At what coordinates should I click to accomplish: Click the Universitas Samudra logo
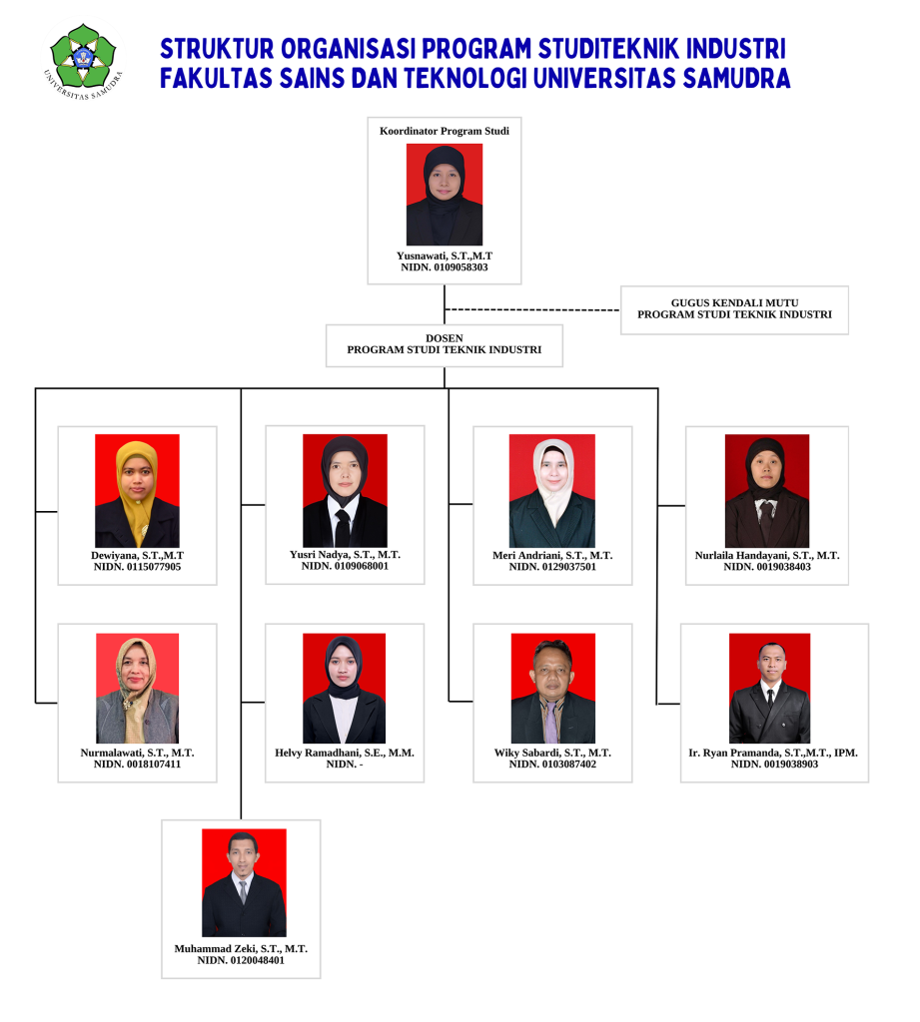(x=83, y=60)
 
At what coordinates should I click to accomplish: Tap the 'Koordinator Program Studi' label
(x=445, y=131)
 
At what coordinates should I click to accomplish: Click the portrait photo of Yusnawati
(x=445, y=195)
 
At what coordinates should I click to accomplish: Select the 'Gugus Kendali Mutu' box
(x=734, y=310)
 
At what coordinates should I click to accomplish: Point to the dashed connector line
(x=531, y=309)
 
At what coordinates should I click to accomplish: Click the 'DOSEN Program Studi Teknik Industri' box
(x=445, y=345)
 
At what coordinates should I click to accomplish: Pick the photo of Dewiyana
(x=137, y=491)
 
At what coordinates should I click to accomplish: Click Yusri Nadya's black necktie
(x=342, y=527)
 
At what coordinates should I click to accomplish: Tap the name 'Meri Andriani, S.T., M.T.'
(x=552, y=555)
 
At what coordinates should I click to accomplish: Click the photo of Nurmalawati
(x=137, y=689)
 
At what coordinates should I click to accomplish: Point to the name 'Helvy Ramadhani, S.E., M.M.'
(x=345, y=753)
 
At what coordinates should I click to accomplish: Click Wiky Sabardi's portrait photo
(x=553, y=689)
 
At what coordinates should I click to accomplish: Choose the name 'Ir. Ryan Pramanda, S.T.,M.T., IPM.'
(x=773, y=753)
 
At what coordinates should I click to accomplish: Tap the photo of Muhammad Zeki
(x=244, y=882)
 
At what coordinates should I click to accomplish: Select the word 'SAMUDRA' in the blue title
(x=736, y=78)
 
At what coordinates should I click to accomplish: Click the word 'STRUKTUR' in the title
(x=217, y=49)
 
